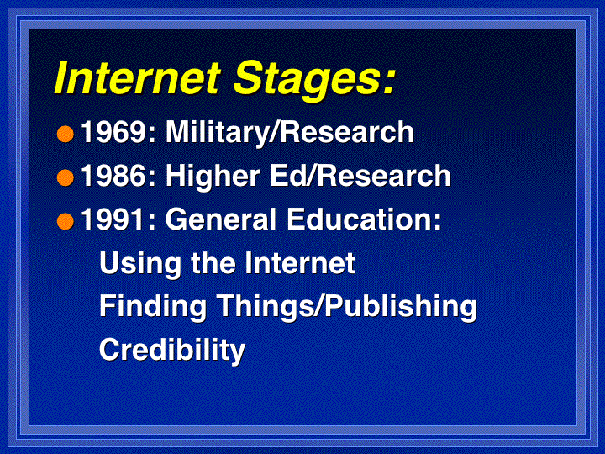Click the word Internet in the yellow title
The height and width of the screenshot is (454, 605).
pyautogui.click(x=137, y=77)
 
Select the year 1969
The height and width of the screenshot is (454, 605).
pyautogui.click(x=113, y=132)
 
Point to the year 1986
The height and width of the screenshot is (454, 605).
pyautogui.click(x=113, y=176)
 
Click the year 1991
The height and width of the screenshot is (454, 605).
pyautogui.click(x=113, y=219)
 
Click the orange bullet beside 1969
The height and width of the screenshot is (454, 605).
pyautogui.click(x=66, y=134)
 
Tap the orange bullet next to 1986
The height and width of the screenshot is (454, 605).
pyautogui.click(x=66, y=178)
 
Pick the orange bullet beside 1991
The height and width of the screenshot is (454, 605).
pyautogui.click(x=66, y=222)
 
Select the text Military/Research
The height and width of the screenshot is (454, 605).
pyautogui.click(x=290, y=133)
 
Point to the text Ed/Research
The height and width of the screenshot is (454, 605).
pyautogui.click(x=360, y=177)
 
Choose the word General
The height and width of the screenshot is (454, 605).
pyautogui.click(x=221, y=219)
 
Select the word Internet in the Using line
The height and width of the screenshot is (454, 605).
pyautogui.click(x=300, y=263)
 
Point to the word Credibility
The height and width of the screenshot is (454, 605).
pyautogui.click(x=172, y=351)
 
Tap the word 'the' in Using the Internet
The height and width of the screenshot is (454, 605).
pyautogui.click(x=213, y=263)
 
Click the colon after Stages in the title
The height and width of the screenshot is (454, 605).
pyautogui.click(x=388, y=82)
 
